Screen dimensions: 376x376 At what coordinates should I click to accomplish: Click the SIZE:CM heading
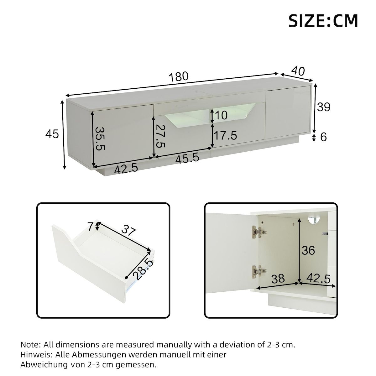coord(323,21)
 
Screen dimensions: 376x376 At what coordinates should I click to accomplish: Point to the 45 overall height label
coord(52,134)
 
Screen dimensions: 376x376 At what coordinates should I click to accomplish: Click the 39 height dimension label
coord(324,107)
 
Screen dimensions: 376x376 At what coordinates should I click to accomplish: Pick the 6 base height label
coord(324,137)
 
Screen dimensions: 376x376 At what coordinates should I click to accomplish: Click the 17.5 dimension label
coord(225,136)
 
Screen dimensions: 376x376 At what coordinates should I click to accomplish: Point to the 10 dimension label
coord(221,115)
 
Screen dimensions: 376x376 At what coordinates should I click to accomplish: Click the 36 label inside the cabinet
coord(308,250)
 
